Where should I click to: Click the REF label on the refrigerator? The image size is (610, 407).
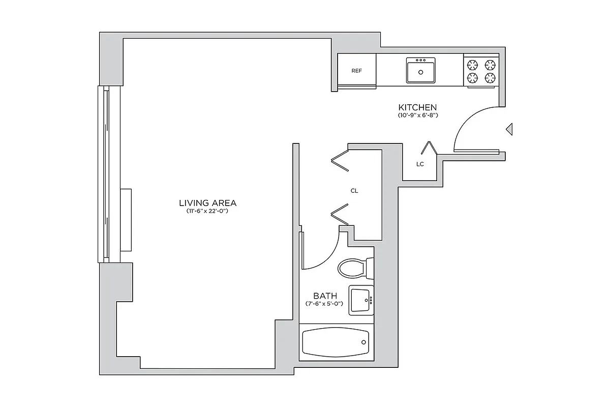coord(357,71)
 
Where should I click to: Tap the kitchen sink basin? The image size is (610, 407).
coord(421,71)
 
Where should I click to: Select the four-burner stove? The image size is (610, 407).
coord(481,71)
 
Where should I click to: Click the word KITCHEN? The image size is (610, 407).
coord(417,107)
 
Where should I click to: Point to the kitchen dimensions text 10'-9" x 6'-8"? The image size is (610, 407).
coord(418,116)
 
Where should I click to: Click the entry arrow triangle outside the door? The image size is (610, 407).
coord(509,130)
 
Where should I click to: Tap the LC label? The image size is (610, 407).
coord(420,164)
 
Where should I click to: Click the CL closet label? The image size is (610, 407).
coord(354,191)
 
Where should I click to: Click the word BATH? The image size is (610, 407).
coord(324,296)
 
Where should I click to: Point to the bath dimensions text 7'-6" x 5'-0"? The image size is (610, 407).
coord(324,304)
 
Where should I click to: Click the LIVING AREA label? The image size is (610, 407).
coord(207,202)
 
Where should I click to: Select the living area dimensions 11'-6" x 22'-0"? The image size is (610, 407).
coord(207,211)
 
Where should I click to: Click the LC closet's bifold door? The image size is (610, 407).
coord(430,148)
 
